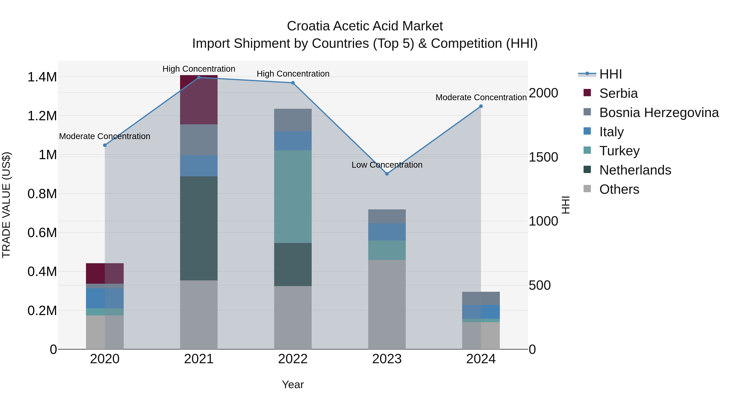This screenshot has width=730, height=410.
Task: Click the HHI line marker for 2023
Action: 387,174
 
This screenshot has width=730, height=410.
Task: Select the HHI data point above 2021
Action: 199,78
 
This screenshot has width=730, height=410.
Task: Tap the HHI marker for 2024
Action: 481,106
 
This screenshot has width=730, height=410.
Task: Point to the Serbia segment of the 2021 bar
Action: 199,100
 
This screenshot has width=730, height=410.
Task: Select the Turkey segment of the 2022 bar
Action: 293,196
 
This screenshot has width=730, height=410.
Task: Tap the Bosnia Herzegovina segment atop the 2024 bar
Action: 481,298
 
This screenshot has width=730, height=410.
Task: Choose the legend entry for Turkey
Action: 619,151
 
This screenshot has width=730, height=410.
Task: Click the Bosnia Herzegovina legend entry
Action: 659,113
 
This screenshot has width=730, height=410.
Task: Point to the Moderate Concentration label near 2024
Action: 481,97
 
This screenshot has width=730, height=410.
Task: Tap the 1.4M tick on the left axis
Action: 42,77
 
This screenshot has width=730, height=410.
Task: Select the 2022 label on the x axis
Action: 293,359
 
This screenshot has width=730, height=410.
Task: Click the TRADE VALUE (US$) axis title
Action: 6,205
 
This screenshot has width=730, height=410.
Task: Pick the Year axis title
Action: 293,384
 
